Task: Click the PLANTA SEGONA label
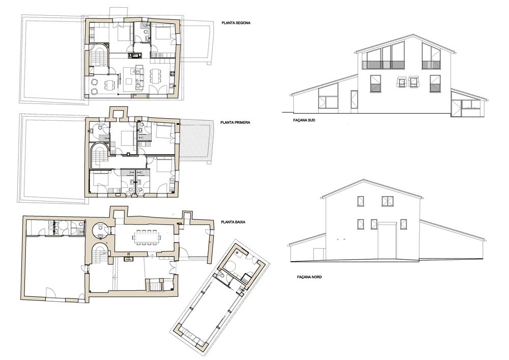tap(236, 23)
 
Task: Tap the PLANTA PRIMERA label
tap(235, 123)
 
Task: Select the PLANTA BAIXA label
tap(233, 223)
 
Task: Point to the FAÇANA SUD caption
tap(304, 120)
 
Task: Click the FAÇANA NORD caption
tap(309, 277)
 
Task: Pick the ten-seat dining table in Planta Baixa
tap(147, 237)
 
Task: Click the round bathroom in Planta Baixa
tap(100, 231)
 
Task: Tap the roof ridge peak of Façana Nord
tap(372, 179)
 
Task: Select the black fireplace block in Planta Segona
tap(134, 56)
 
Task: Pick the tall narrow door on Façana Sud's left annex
tap(354, 100)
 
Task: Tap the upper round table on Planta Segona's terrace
tap(95, 81)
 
